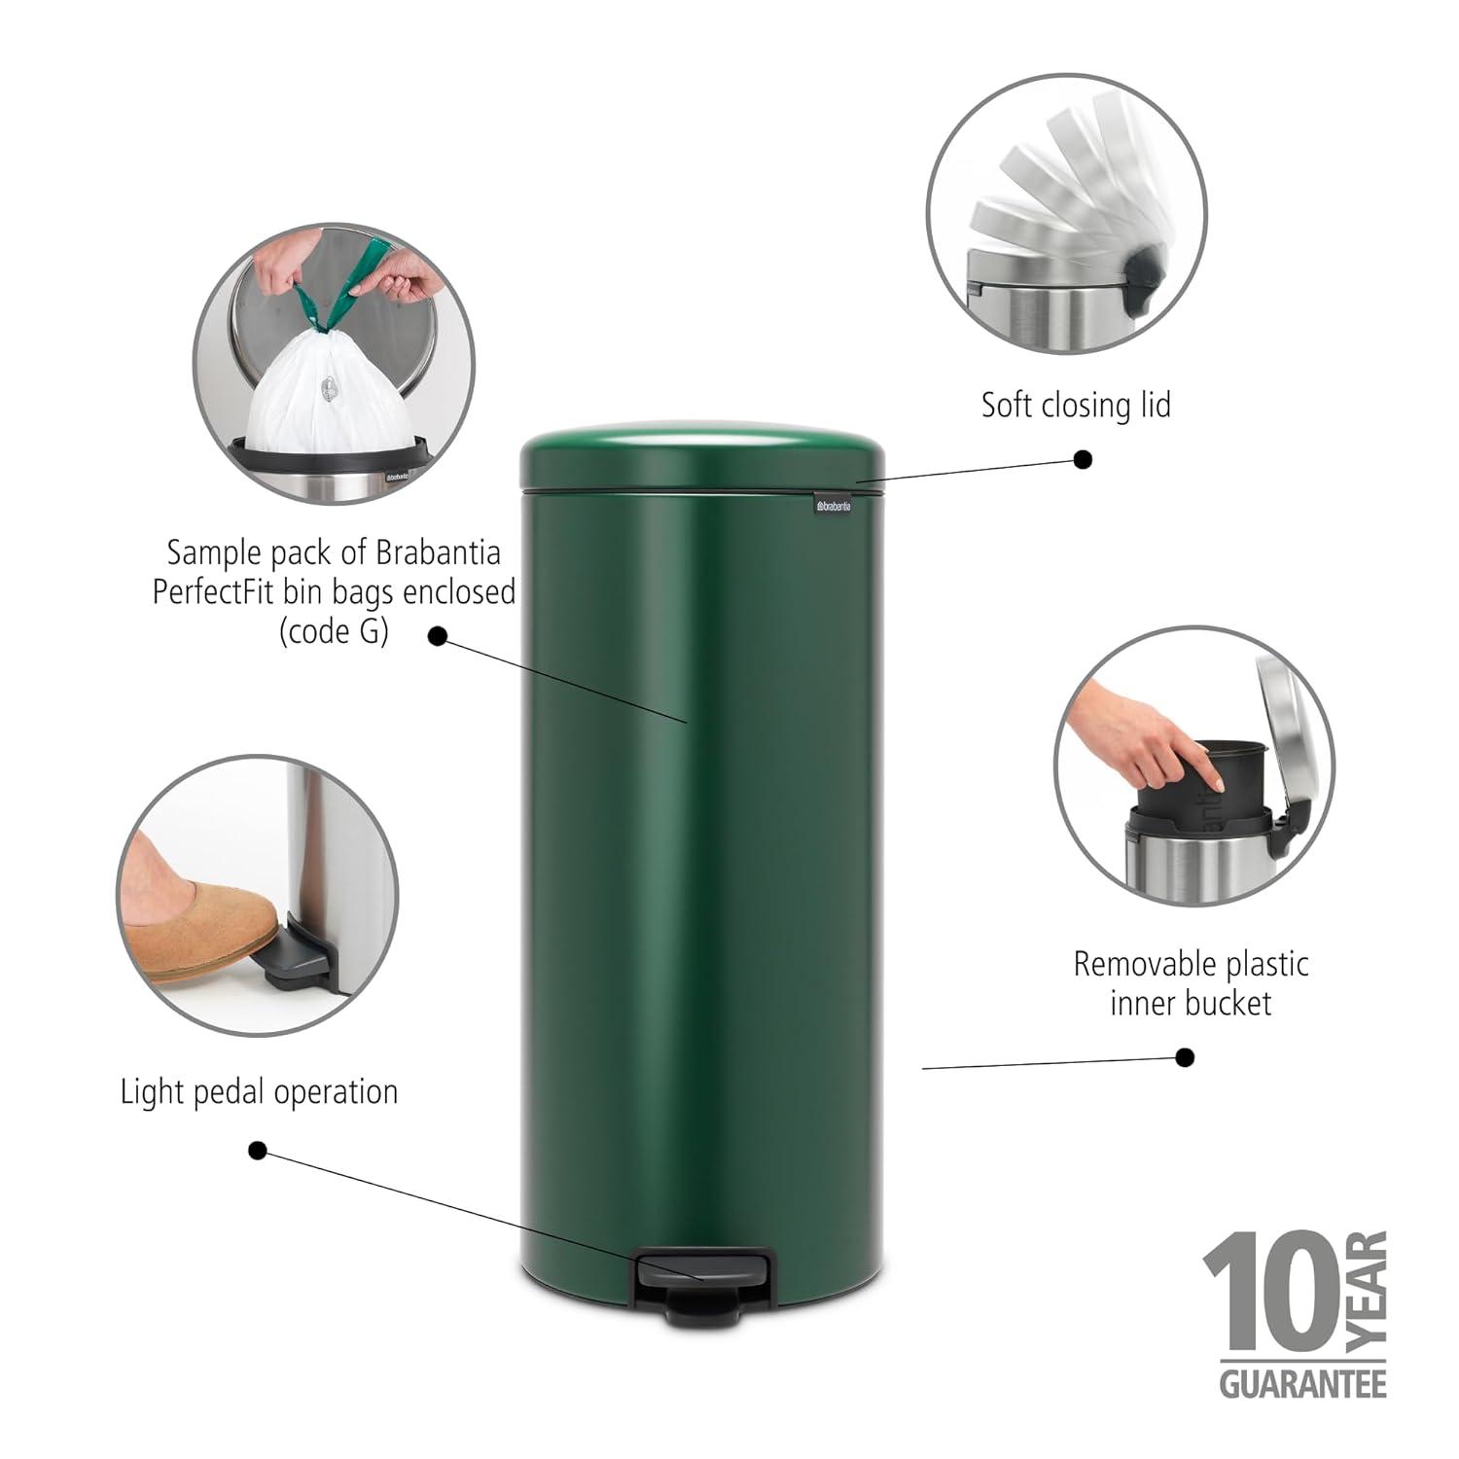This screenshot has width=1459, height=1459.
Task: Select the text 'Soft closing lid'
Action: click(x=1076, y=404)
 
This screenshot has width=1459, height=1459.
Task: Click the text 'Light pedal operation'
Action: click(x=259, y=1091)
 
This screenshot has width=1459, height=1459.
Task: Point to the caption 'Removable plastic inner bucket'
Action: click(x=1191, y=983)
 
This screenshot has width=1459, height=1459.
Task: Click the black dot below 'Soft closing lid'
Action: click(x=1083, y=459)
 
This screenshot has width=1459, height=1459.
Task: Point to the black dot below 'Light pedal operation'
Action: click(x=258, y=1151)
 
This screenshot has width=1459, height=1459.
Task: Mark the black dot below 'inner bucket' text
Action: click(x=1185, y=1057)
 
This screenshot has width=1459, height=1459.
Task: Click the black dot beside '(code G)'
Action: click(x=438, y=636)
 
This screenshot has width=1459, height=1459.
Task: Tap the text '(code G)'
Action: click(x=334, y=632)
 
